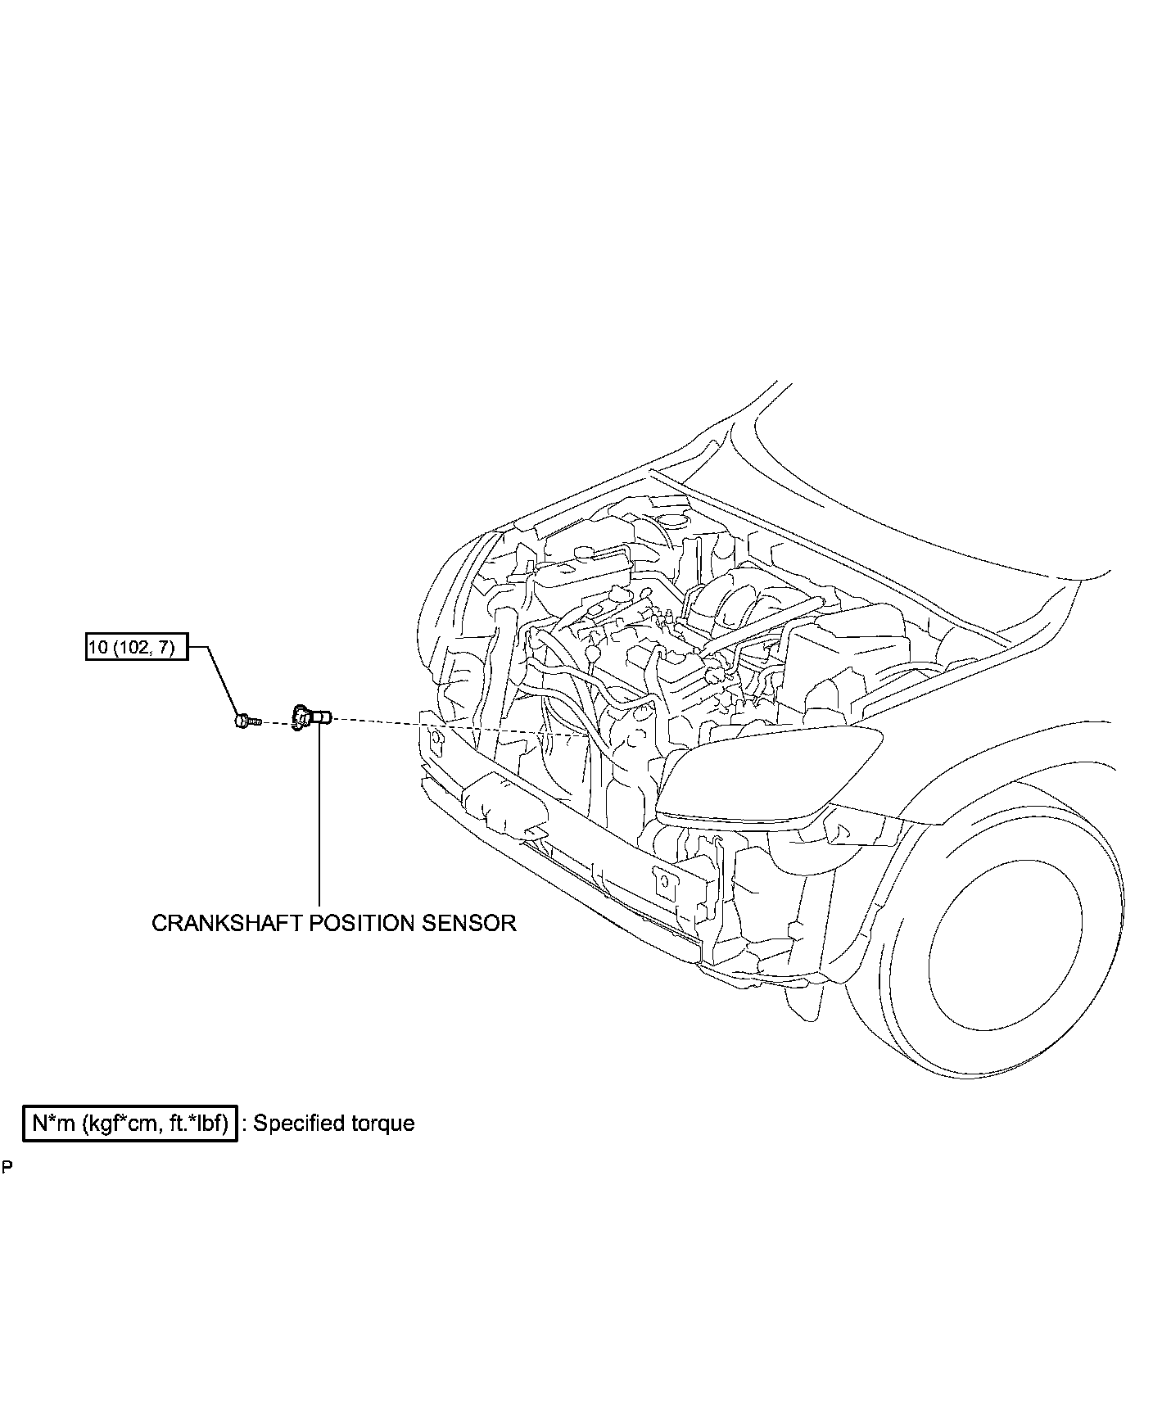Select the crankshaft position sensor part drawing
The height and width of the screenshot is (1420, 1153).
click(x=310, y=717)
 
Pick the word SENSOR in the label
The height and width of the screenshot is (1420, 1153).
click(x=469, y=923)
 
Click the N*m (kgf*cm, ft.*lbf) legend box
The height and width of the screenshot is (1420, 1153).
click(x=129, y=1123)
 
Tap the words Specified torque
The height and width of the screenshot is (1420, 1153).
click(x=334, y=1124)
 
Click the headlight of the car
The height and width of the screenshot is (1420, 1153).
click(x=770, y=774)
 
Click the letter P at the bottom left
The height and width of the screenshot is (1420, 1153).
click(x=7, y=1167)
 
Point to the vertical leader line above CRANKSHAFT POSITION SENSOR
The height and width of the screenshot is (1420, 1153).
click(x=319, y=819)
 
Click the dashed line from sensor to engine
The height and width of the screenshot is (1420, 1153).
click(x=450, y=726)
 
